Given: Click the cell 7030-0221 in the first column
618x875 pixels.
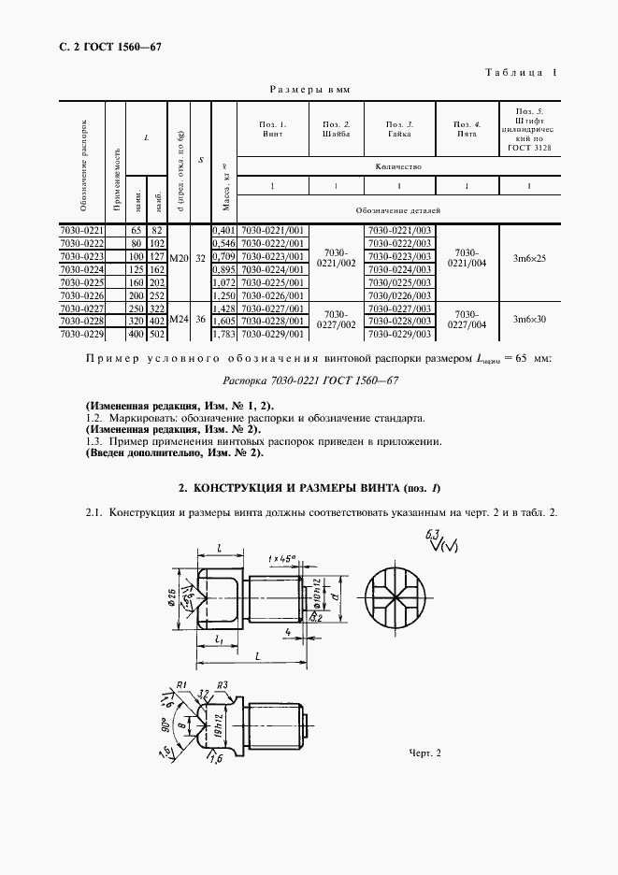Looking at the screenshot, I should pyautogui.click(x=81, y=229).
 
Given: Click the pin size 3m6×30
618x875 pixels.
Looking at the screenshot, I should pyautogui.click(x=528, y=319).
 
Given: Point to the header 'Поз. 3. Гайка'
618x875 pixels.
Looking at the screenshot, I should pyautogui.click(x=398, y=129).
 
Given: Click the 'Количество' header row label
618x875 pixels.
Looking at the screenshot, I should pyautogui.click(x=398, y=167).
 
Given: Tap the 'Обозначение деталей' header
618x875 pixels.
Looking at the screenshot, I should pyautogui.click(x=398, y=211).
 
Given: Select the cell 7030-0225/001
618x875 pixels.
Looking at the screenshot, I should pyautogui.click(x=273, y=281).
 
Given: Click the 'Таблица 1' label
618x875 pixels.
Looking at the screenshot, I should pyautogui.click(x=522, y=72).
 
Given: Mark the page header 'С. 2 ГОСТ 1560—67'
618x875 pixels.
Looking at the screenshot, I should pyautogui.click(x=103, y=47).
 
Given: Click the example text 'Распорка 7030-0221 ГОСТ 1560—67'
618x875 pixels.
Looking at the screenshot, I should pyautogui.click(x=311, y=380).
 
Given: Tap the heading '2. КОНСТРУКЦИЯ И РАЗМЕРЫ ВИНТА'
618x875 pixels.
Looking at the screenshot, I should pyautogui.click(x=309, y=487).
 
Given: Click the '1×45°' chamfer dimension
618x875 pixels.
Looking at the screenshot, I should pyautogui.click(x=281, y=558).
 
